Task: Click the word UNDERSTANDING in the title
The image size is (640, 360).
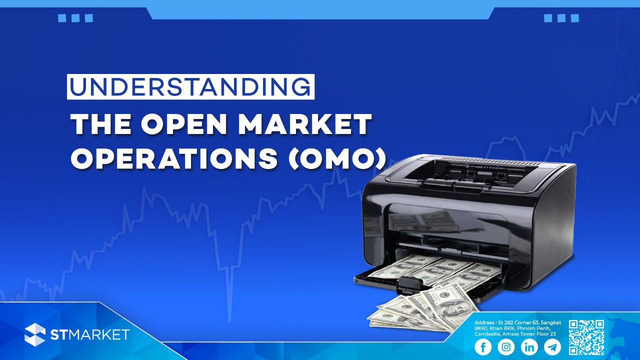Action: pos(190,86)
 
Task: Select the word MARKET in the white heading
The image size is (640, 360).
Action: pos(305,124)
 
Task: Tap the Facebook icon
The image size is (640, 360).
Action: pos(483,347)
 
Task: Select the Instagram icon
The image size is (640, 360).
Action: pos(506,347)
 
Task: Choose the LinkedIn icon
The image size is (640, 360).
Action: pos(529,347)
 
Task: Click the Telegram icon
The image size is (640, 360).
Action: pos(552,347)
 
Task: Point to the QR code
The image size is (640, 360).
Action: pos(586,337)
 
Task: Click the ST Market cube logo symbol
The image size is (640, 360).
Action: pos(35,334)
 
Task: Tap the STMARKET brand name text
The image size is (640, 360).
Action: pos(89,334)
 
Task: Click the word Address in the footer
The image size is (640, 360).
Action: pos(484,323)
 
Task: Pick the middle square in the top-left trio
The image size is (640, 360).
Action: pos(75,18)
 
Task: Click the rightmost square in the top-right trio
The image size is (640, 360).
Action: pos(575,18)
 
